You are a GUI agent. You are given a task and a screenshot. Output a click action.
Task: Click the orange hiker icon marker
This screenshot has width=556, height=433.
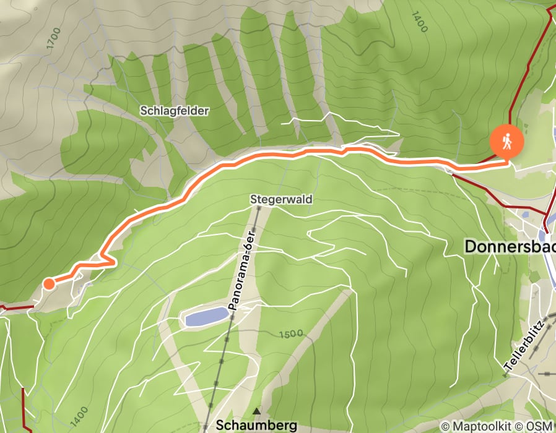[x=507, y=142]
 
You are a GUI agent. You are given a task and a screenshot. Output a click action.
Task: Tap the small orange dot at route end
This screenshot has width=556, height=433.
[x=48, y=284]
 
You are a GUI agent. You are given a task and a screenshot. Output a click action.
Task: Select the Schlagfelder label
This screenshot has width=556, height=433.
[x=175, y=111]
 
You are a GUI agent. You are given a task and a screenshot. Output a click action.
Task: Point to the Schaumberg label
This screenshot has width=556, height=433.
[x=256, y=425]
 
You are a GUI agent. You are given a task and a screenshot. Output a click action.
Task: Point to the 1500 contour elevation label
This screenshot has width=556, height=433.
[x=291, y=333]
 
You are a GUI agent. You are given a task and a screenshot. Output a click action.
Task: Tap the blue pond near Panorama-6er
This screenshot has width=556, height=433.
[x=206, y=317]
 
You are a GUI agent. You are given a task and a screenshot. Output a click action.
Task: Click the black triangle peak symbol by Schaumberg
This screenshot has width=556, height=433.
[x=256, y=411]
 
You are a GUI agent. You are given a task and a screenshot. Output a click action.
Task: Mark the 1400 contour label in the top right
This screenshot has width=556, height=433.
[x=419, y=21]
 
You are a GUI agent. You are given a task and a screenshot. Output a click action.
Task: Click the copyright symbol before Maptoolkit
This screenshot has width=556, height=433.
[x=445, y=426]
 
